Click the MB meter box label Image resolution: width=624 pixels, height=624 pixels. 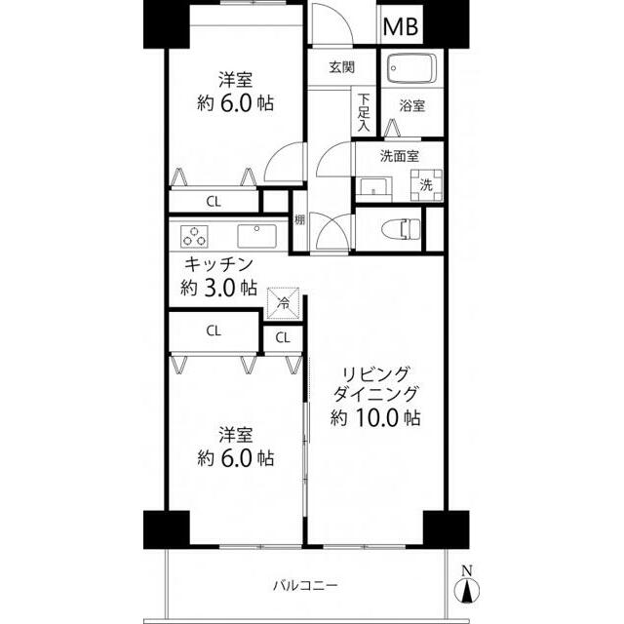click(401, 27)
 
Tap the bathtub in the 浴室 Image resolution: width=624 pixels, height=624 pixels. click(411, 68)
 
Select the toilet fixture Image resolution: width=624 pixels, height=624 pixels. click(401, 230)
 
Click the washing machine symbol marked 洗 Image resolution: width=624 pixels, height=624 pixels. click(426, 184)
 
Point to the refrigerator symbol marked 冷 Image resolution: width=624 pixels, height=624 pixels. click(284, 303)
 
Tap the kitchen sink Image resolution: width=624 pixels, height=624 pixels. click(256, 236)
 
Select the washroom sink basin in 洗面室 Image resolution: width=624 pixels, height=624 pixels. click(373, 189)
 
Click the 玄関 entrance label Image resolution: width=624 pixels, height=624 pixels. click(342, 67)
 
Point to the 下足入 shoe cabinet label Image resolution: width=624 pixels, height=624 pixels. click(364, 113)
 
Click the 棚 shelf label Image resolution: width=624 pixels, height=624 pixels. click(299, 219)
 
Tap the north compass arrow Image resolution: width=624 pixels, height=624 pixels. click(467, 589)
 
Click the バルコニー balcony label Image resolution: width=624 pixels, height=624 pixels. click(305, 585)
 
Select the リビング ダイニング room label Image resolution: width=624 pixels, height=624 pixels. click(374, 384)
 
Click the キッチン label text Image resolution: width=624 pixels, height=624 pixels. click(218, 264)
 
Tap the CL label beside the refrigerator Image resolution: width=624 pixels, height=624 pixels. click(283, 338)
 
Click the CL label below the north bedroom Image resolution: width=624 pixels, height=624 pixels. click(214, 202)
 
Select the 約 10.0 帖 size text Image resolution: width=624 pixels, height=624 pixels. click(374, 418)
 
